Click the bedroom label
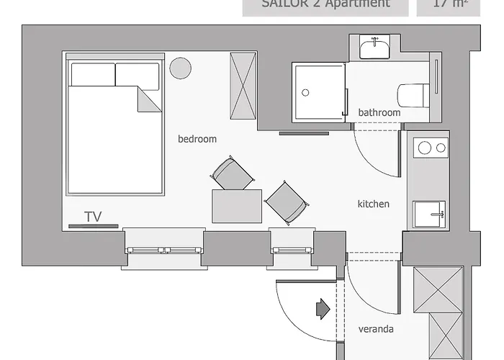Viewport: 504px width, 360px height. (x=197, y=139)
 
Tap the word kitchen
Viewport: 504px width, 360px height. (x=374, y=204)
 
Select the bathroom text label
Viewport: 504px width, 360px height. (x=379, y=112)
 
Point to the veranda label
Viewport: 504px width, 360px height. (x=376, y=330)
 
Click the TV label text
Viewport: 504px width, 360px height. (x=92, y=217)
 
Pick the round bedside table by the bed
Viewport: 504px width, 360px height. (x=180, y=68)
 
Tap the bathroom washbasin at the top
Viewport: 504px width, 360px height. (x=374, y=49)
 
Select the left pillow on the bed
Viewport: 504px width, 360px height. (x=93, y=74)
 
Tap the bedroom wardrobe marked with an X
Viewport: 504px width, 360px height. (x=243, y=86)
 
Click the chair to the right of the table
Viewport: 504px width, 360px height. (x=286, y=201)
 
